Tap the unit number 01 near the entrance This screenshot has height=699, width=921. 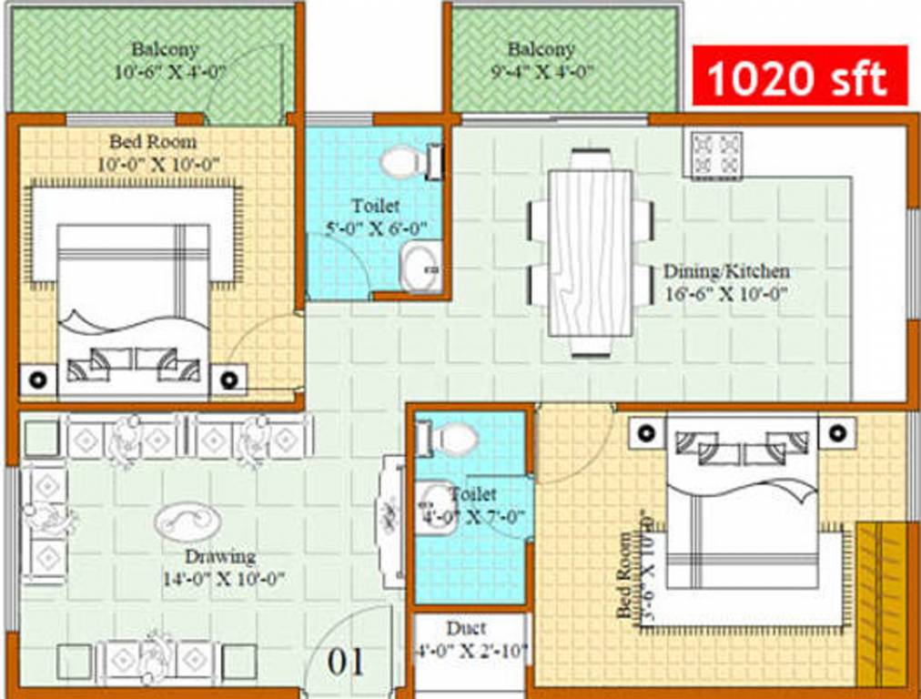pyautogui.click(x=346, y=661)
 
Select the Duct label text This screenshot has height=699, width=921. pyautogui.click(x=466, y=628)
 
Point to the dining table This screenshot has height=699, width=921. pyautogui.click(x=590, y=251)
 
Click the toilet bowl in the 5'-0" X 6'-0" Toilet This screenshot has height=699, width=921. pyautogui.click(x=401, y=162)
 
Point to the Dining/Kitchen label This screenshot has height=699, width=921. pyautogui.click(x=725, y=271)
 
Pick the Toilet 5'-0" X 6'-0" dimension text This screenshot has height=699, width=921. pyautogui.click(x=375, y=228)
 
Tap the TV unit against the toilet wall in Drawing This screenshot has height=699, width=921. pyautogui.click(x=391, y=522)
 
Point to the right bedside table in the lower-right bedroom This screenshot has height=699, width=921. pyautogui.click(x=836, y=431)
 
